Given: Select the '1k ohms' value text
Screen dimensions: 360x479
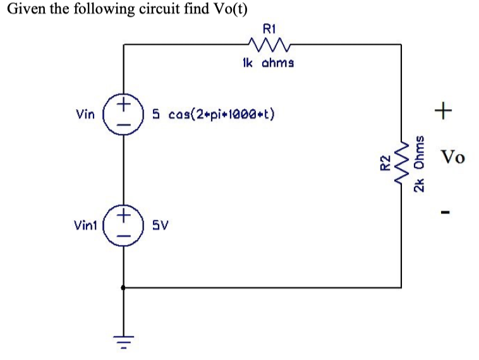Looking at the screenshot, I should pyautogui.click(x=267, y=63).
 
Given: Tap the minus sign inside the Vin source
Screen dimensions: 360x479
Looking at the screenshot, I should pyautogui.click(x=124, y=124).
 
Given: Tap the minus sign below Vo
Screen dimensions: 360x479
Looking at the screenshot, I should pyautogui.click(x=445, y=212).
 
